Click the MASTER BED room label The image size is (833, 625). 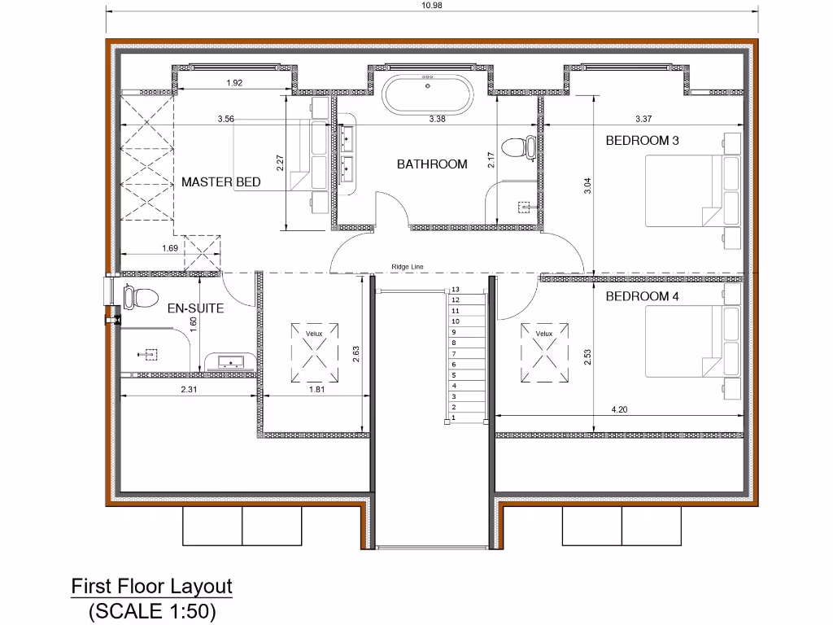220,181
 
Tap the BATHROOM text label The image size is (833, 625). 432,164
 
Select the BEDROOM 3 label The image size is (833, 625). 642,140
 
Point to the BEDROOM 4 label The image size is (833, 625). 642,296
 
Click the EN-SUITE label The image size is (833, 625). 195,309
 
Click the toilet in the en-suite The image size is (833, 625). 138,297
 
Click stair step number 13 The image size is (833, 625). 456,290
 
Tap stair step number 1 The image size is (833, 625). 454,417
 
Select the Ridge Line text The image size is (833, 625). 407,266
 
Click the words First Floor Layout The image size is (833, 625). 151,586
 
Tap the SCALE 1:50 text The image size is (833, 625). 151,610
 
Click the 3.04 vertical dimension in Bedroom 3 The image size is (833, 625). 587,186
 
